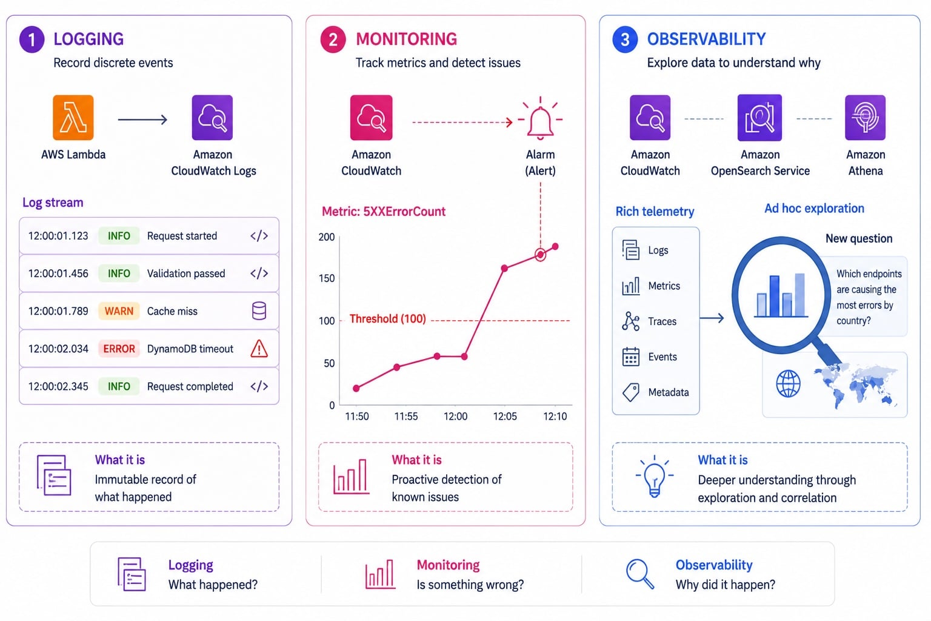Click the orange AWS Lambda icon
click(73, 117)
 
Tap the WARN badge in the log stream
click(119, 311)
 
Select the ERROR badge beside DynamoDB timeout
click(119, 349)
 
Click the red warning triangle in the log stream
click(259, 349)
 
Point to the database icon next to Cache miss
click(259, 310)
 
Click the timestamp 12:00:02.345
click(58, 386)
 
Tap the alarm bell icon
click(540, 119)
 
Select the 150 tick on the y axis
click(327, 278)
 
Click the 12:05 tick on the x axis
click(505, 417)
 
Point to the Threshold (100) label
click(388, 319)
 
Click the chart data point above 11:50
click(356, 389)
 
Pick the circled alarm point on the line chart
click(540, 255)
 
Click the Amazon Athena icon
click(866, 117)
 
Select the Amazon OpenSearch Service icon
click(759, 117)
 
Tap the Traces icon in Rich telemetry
click(630, 321)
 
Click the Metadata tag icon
click(630, 392)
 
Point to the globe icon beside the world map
click(789, 383)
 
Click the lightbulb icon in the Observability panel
click(654, 476)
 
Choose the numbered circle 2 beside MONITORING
click(333, 39)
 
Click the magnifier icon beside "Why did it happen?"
click(640, 574)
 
